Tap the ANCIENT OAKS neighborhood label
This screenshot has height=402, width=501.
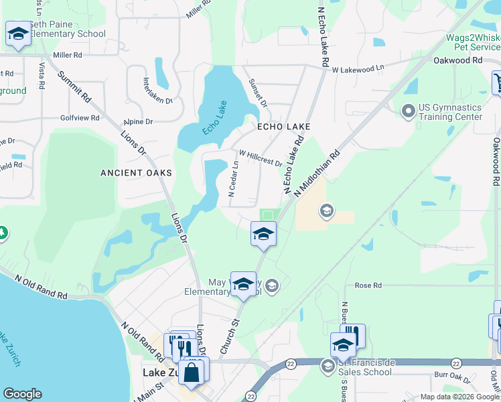[136, 173]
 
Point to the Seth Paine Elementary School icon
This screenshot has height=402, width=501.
[17, 33]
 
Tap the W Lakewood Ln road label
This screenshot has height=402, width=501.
[358, 69]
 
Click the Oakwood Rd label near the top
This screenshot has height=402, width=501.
[458, 60]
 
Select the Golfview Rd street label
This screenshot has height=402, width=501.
[80, 118]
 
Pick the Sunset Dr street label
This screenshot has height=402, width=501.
[259, 93]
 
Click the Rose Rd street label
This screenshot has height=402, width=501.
[368, 285]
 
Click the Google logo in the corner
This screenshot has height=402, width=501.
[22, 394]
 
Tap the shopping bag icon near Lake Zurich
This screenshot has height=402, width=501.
[192, 372]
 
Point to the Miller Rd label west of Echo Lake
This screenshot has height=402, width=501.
[67, 55]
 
